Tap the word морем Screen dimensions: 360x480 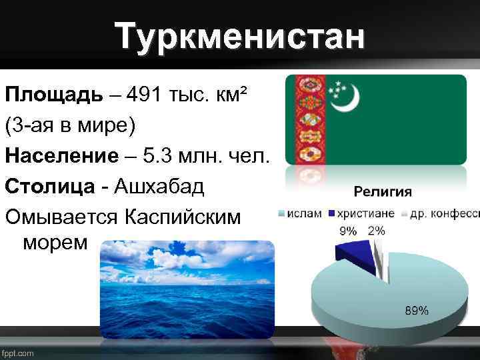55,242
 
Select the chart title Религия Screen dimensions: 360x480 382,192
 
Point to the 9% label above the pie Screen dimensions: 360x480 348,231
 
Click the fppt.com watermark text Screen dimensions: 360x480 18,353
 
